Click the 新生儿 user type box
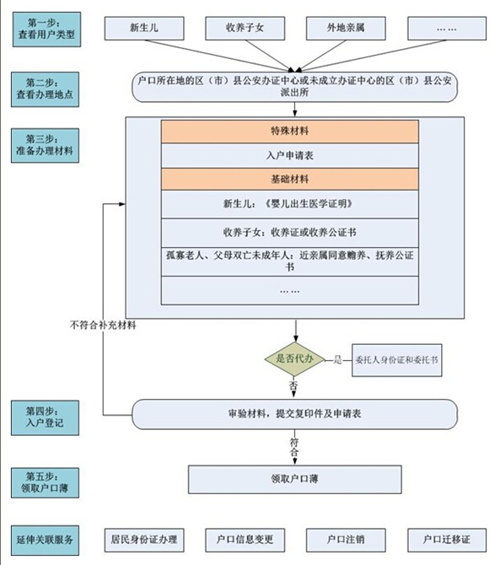[x=144, y=28]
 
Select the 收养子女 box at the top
[x=245, y=28]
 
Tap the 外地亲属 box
[x=346, y=28]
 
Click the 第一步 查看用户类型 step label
[x=46, y=30]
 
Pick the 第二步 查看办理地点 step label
[x=45, y=89]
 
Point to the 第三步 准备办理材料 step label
[x=45, y=146]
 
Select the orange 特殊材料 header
[x=289, y=132]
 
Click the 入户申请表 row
[x=289, y=156]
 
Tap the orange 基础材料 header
[x=289, y=179]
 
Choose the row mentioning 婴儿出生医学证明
[x=289, y=204]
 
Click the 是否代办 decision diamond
[x=294, y=359]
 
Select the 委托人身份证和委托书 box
[x=396, y=360]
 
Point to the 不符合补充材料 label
[x=103, y=326]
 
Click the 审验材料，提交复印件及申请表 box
[x=294, y=414]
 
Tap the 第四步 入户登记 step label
[x=45, y=417]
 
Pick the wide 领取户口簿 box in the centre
[x=294, y=479]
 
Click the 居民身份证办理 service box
[x=144, y=540]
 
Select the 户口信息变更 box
[x=245, y=540]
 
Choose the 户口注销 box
[x=346, y=540]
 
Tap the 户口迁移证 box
[x=447, y=540]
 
